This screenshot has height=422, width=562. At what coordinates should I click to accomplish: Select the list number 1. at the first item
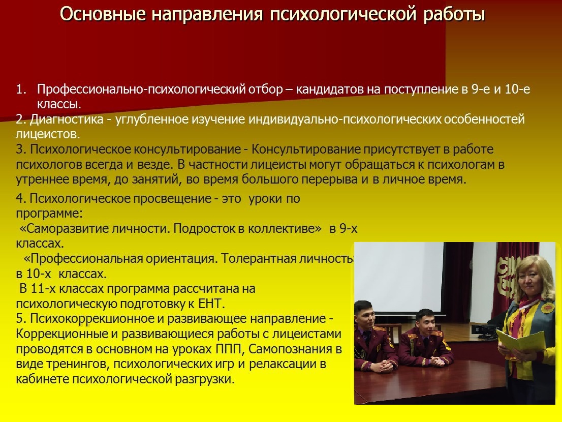pos(21,89)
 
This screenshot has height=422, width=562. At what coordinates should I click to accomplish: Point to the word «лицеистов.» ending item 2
pos(48,134)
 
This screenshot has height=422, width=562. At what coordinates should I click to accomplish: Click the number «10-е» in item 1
pos(517,89)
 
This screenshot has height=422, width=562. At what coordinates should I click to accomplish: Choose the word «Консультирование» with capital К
pos(306,149)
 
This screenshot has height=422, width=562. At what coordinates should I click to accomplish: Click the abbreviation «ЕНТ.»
pos(211,304)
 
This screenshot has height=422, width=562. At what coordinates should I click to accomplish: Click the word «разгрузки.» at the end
pos(204,379)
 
